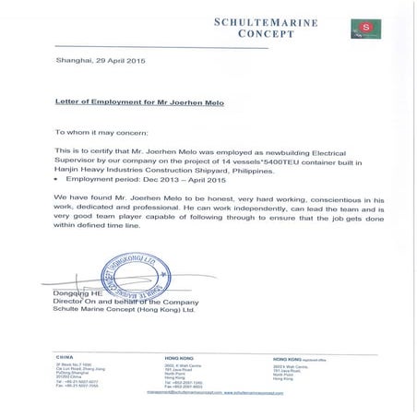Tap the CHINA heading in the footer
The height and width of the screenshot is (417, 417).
click(65, 355)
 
